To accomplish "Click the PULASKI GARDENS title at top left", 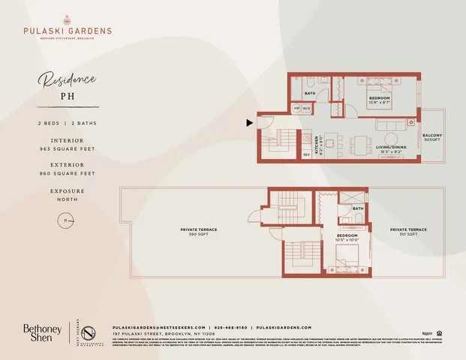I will (x=67, y=31).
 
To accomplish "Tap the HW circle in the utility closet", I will (x=297, y=109).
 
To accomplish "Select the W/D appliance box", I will (x=307, y=109).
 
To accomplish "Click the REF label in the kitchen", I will (x=306, y=154).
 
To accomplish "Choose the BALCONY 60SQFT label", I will (x=431, y=137).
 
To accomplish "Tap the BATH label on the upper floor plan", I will (x=309, y=94).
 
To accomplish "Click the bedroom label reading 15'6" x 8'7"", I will (x=378, y=99).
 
